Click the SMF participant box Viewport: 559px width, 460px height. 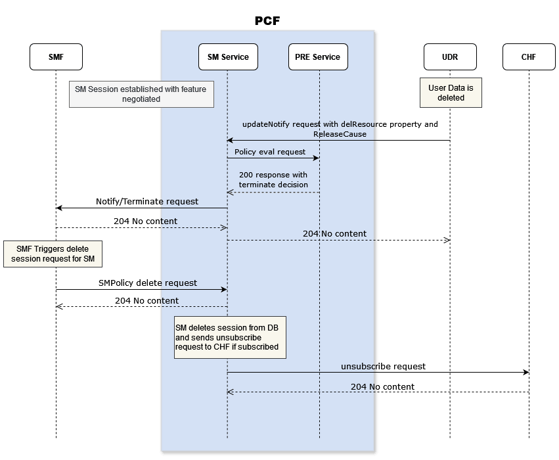tap(56, 57)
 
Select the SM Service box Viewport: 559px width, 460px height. tap(227, 57)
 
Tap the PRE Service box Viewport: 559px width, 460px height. tap(318, 57)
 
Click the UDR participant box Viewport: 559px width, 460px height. tap(450, 57)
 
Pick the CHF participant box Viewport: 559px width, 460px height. tap(529, 57)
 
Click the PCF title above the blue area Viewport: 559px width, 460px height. tap(267, 21)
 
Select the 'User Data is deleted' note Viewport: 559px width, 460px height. tap(451, 92)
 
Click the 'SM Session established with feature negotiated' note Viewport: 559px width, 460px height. tap(141, 94)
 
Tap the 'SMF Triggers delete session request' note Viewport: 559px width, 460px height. tap(53, 254)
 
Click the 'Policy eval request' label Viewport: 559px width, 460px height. tap(270, 152)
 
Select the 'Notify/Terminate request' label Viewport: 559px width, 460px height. tap(147, 201)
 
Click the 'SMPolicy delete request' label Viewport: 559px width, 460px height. tap(147, 283)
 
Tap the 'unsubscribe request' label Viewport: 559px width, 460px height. tap(383, 366)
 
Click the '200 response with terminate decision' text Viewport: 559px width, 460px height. tap(273, 179)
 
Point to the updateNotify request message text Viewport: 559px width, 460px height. tap(340, 128)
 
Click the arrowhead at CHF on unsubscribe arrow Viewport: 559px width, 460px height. tap(525, 373)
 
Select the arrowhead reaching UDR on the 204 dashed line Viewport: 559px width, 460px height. tap(447, 240)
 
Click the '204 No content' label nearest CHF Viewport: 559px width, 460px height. tap(382, 386)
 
